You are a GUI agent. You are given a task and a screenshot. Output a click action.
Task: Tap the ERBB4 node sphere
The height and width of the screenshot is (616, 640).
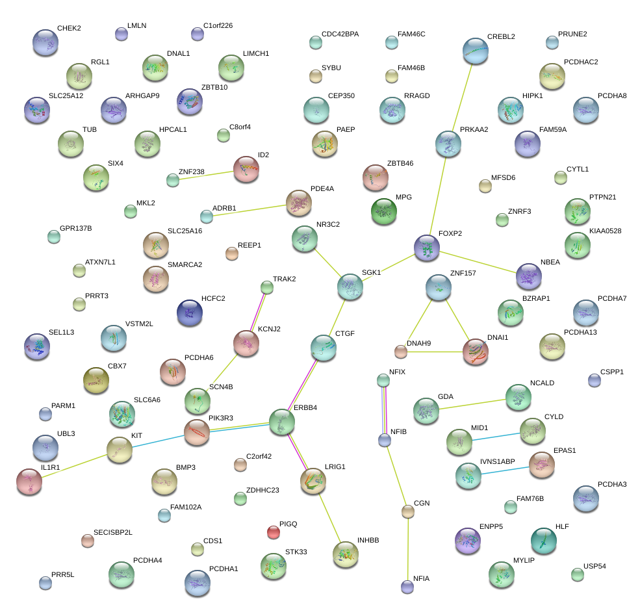tap(282, 422)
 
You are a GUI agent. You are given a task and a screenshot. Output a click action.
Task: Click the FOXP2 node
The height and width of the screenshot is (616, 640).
tap(427, 248)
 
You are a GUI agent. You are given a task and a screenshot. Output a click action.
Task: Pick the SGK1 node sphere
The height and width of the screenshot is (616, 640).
tap(350, 287)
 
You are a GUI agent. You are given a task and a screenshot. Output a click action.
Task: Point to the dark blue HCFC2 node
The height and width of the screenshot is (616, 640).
tap(189, 313)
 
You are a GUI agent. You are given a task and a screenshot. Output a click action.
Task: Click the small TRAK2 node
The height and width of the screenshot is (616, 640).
tap(266, 287)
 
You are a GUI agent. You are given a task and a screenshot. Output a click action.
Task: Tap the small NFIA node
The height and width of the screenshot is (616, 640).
tap(407, 587)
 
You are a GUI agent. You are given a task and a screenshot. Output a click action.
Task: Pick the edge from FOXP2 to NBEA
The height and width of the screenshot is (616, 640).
tap(478, 262)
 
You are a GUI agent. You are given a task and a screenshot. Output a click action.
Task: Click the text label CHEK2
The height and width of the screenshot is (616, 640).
tap(68, 28)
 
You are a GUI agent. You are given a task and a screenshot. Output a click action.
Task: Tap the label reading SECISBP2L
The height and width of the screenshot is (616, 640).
tap(113, 532)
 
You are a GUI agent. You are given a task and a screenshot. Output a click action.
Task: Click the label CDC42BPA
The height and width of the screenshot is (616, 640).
tap(340, 34)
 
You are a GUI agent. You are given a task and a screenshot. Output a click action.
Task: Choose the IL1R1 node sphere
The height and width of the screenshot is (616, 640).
tap(29, 481)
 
